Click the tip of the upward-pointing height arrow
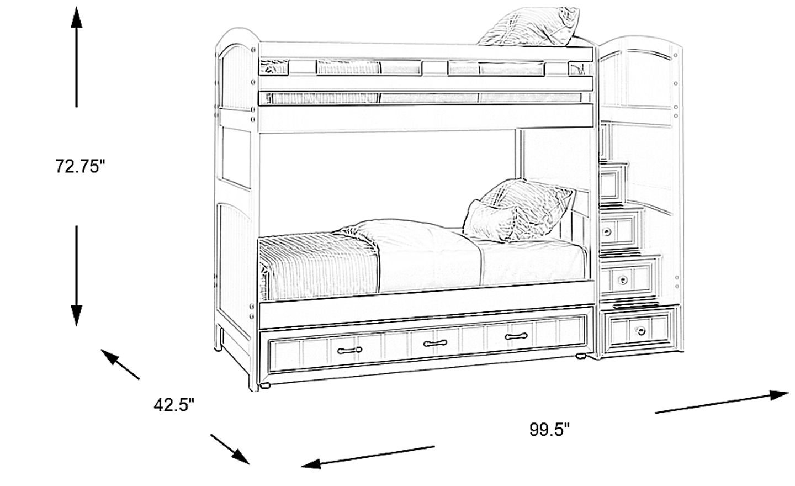point(76,7)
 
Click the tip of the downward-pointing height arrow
point(76,326)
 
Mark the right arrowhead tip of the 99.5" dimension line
point(788,393)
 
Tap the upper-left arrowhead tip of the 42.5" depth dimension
point(101,350)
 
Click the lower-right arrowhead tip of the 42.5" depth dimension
point(250,464)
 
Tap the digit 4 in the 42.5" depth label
point(158,405)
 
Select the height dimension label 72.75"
point(81,166)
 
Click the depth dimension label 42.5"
point(174,405)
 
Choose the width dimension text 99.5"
point(549,429)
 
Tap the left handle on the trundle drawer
point(349,350)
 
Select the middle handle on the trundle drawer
point(435,343)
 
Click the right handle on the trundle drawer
point(516,336)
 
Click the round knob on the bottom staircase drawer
point(640,331)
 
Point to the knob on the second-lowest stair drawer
point(622,280)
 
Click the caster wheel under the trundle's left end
point(264,385)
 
